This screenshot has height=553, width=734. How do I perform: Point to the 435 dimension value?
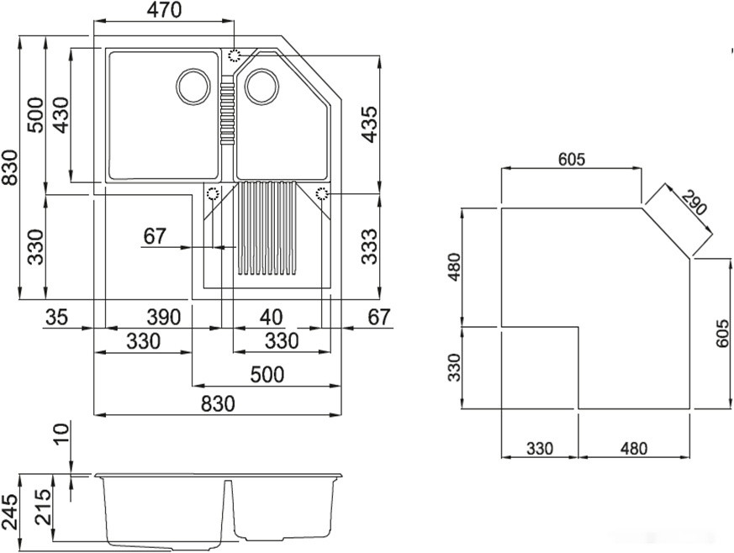click(371, 124)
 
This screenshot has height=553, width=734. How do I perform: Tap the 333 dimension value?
click(371, 246)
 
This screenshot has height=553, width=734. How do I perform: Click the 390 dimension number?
click(163, 318)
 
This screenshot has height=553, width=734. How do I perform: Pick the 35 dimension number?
click(57, 318)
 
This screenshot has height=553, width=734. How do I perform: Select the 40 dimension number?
click(270, 318)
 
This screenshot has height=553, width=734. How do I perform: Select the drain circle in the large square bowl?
click(194, 84)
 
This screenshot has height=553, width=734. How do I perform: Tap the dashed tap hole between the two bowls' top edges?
click(235, 55)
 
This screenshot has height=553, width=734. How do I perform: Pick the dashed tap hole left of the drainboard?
click(212, 193)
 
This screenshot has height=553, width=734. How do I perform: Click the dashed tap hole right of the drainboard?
click(323, 193)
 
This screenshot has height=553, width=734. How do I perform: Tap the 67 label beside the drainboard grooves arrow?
click(155, 236)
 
